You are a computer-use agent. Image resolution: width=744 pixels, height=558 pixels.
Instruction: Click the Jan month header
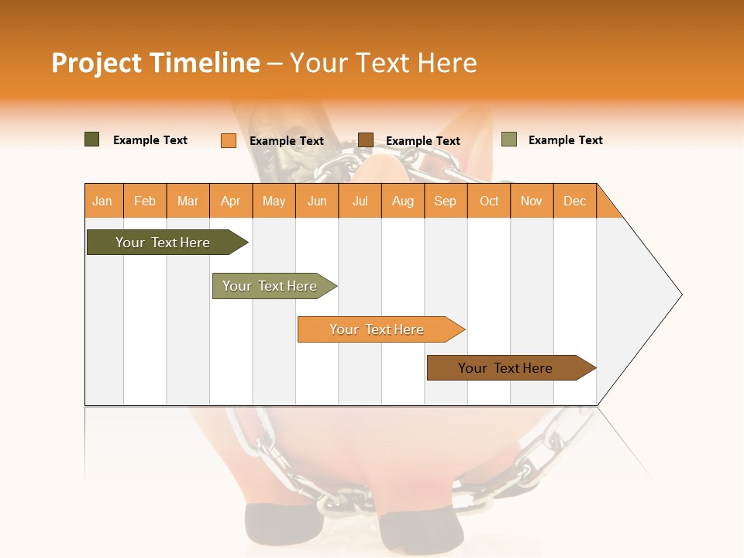tap(103, 201)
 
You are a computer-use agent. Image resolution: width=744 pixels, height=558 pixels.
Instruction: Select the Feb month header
tap(145, 201)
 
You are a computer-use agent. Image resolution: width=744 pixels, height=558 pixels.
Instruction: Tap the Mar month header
tap(188, 201)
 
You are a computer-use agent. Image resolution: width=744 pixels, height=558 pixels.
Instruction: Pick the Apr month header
tap(231, 201)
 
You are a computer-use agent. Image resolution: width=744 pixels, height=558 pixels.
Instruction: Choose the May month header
tap(274, 201)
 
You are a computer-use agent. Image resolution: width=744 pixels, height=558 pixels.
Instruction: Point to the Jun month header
tap(317, 201)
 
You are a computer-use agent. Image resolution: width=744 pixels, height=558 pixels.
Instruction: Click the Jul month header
tap(360, 201)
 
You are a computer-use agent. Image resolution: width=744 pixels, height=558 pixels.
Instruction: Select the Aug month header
tap(403, 201)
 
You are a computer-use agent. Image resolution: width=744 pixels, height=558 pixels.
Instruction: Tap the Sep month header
tap(446, 201)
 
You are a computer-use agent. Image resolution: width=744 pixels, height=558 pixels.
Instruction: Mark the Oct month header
tap(489, 201)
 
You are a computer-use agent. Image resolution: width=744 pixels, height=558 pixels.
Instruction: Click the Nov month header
tap(532, 201)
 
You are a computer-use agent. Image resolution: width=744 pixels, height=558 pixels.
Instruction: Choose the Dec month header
tap(575, 201)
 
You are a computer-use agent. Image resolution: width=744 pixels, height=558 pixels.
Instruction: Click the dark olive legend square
tap(92, 139)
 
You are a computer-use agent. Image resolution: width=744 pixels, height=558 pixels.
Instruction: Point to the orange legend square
tap(229, 140)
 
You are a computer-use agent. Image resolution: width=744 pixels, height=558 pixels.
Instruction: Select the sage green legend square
tap(509, 139)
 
